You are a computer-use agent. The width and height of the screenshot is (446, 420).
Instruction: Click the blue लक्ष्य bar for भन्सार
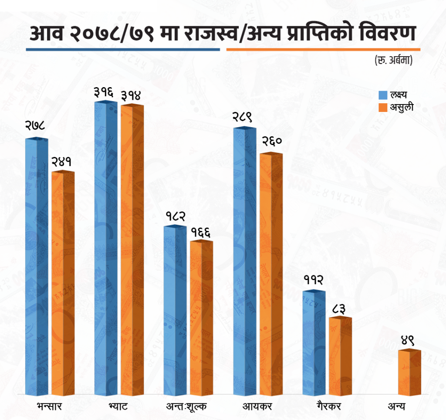click(37, 266)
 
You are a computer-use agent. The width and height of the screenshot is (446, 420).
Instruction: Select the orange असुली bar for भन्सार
click(63, 283)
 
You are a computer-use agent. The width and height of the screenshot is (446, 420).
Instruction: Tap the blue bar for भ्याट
click(106, 248)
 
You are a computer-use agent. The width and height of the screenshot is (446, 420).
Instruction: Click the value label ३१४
click(132, 95)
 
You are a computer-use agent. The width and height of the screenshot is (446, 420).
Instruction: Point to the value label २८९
click(244, 117)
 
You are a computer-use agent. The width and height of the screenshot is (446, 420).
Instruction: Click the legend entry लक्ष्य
click(399, 95)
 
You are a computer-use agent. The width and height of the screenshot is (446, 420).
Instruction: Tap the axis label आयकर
click(257, 407)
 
